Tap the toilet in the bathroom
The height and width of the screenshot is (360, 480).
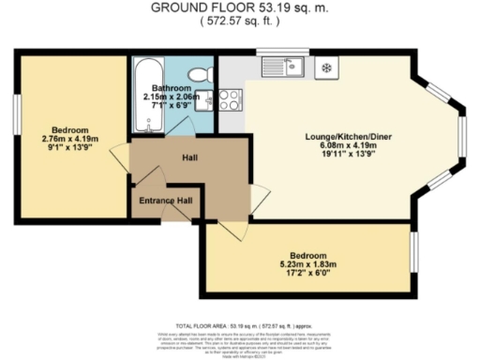(x=200, y=74)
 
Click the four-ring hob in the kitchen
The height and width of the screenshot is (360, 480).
(x=229, y=100)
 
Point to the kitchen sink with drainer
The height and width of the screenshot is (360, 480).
(x=285, y=66)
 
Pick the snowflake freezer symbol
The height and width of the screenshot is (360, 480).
(x=325, y=67)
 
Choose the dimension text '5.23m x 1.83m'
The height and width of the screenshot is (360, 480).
(x=308, y=265)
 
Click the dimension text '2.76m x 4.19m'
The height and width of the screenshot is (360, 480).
(x=70, y=138)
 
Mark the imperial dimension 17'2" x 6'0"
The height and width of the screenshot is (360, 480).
(x=308, y=275)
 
